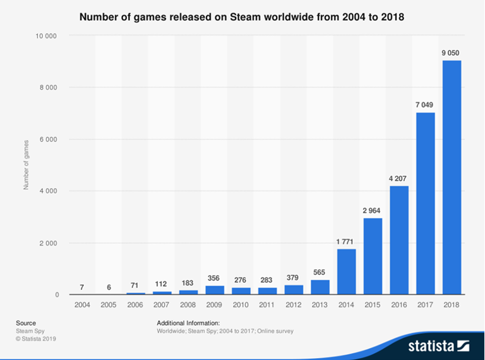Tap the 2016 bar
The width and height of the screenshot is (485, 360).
pos(399,240)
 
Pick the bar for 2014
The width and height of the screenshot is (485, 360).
pos(347,272)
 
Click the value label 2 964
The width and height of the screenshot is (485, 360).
pos(373,210)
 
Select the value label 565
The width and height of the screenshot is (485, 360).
pos(320,273)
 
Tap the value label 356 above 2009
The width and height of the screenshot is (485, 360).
pos(215,278)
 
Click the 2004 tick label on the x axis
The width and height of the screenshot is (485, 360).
pos(83,306)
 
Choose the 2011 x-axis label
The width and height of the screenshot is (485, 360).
pos(267,306)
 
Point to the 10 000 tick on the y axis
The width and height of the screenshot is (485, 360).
pos(46,35)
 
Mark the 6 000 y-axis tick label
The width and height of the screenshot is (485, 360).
pos(48,139)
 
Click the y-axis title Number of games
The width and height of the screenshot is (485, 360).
pos(26,165)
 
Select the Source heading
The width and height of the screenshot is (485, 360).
pos(26,323)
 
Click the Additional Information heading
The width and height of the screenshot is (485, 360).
pos(188,323)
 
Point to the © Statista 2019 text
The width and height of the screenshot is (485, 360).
pos(37,339)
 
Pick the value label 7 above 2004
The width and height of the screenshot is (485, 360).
pos(83,287)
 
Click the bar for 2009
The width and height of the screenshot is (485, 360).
pos(215,290)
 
